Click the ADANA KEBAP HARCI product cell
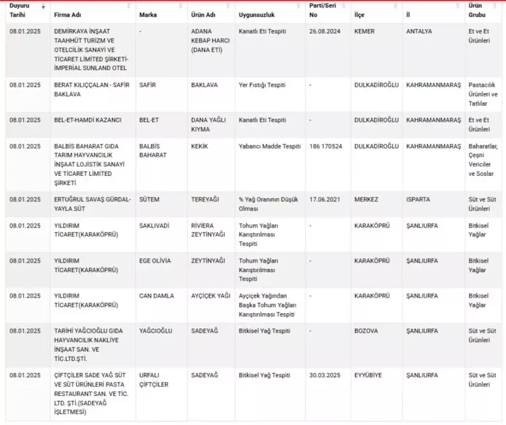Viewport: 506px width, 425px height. pos(208,40)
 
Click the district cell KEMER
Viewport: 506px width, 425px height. pos(364,32)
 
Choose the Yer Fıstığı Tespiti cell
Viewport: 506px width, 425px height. pos(262,86)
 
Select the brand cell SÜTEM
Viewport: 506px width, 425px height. pos(150,200)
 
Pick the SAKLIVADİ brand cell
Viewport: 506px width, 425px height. pos(154,226)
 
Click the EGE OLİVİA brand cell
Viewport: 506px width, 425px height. pos(154,261)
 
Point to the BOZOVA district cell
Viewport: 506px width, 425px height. pos(366,331)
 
